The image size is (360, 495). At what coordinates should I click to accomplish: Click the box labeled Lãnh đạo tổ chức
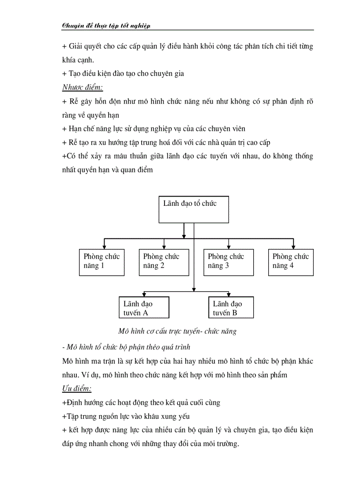coord(194,209)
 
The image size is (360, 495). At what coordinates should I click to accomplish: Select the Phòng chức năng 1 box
coord(101,263)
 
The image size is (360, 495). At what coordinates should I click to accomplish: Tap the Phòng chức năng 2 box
coord(164,263)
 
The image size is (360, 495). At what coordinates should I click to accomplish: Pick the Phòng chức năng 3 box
coord(229,263)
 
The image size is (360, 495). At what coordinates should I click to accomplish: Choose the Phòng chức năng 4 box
coord(291,263)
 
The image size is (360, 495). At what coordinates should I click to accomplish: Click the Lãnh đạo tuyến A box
coord(144,308)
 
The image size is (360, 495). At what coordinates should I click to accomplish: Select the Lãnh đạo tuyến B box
coord(231,308)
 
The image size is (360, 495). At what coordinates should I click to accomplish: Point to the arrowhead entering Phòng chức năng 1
coord(104,247)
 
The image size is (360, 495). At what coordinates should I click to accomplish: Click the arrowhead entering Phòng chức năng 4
coord(293,247)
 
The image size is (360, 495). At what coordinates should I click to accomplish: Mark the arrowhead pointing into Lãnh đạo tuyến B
coord(229,294)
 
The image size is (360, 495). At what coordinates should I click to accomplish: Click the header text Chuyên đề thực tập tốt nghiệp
coord(106,26)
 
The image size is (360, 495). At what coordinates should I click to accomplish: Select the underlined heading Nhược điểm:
coord(82,87)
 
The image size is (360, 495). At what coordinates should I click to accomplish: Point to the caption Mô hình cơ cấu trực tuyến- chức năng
coord(177,331)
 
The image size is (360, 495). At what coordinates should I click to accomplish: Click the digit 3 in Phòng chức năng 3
coord(227,266)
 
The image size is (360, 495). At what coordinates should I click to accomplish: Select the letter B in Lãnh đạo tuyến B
coord(235,313)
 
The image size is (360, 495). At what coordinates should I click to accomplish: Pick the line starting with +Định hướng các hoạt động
coord(141,402)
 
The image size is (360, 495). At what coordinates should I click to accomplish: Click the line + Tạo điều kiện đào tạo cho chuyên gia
coord(123,74)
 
